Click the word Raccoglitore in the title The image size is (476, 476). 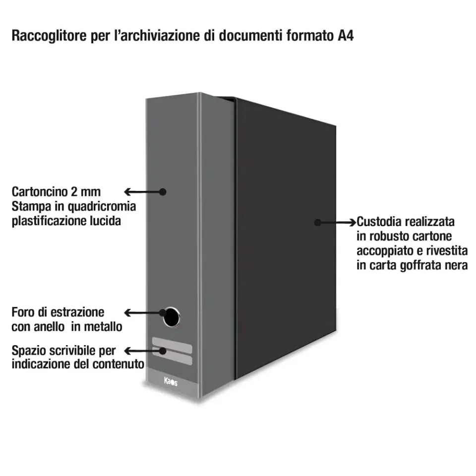[49, 36]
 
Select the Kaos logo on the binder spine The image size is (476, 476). [171, 381]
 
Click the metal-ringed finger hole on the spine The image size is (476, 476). [171, 317]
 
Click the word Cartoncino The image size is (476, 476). [40, 192]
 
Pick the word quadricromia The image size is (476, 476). [102, 207]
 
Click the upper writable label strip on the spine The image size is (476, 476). [172, 346]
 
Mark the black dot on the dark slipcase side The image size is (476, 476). [317, 223]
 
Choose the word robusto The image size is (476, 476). [393, 236]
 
